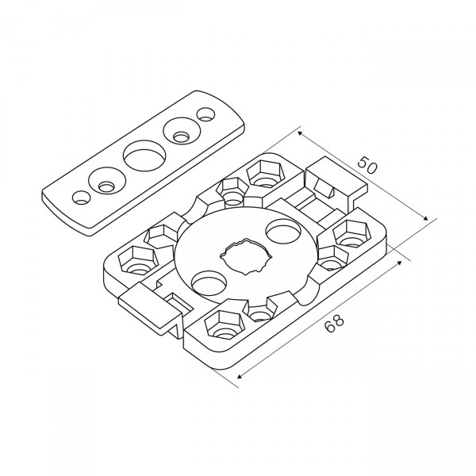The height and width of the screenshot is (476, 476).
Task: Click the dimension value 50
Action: coord(367,164)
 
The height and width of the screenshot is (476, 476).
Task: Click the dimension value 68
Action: coord(334,322)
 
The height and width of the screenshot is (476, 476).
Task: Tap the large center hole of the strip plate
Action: coord(144,155)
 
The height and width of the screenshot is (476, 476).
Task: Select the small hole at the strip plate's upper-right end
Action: coord(205,115)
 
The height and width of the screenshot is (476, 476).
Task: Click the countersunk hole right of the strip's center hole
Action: coord(182,132)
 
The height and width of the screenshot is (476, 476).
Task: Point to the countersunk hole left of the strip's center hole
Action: coord(107,181)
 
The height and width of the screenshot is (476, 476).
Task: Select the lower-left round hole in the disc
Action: coord(209,281)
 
